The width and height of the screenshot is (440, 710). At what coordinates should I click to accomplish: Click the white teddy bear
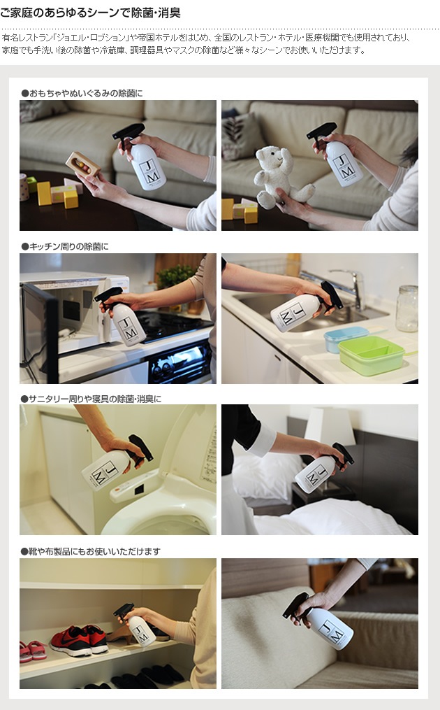[x=280, y=176]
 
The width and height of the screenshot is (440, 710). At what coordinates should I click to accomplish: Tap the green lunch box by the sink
[x=372, y=355]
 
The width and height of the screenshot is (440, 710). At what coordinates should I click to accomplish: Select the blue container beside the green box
[x=344, y=339]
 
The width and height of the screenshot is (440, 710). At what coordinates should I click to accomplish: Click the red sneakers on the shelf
[x=79, y=639]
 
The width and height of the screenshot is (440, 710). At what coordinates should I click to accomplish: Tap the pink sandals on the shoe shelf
[x=33, y=651]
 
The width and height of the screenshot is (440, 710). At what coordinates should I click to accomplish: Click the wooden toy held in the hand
[x=82, y=164]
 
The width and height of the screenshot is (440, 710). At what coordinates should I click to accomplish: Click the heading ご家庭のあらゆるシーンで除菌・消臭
[x=90, y=13]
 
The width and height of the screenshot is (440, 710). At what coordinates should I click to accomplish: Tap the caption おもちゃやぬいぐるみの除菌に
[x=82, y=93]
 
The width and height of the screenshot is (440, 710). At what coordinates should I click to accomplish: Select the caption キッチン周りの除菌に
[x=65, y=246]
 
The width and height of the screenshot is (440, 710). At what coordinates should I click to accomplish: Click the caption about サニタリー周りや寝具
[x=91, y=399]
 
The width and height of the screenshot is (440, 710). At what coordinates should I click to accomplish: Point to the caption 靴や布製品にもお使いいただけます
[x=90, y=551]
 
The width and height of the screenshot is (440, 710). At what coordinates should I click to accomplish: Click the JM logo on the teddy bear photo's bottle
[x=344, y=167]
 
